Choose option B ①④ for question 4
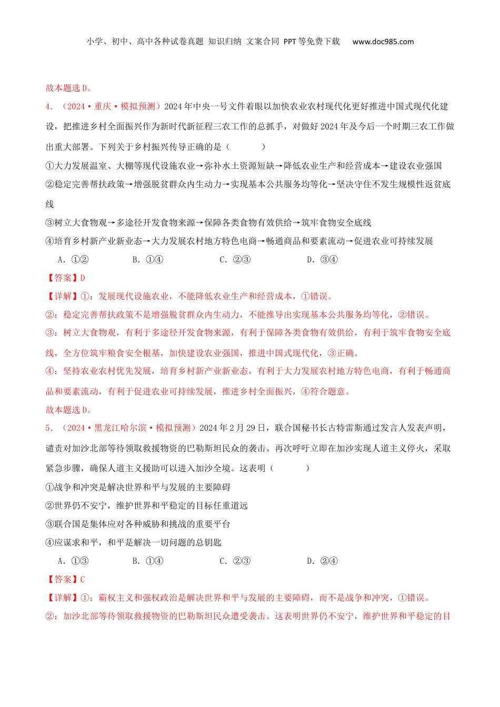(x=148, y=259)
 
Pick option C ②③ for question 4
(x=235, y=259)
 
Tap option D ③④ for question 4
(x=323, y=259)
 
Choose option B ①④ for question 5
(x=148, y=561)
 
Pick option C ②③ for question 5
(x=235, y=561)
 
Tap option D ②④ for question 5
(x=323, y=561)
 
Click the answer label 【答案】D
(x=66, y=278)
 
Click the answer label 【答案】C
(x=66, y=579)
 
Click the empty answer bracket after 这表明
(x=289, y=468)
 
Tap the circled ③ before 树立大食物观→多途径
(x=50, y=223)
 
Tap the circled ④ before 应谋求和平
(x=50, y=542)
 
